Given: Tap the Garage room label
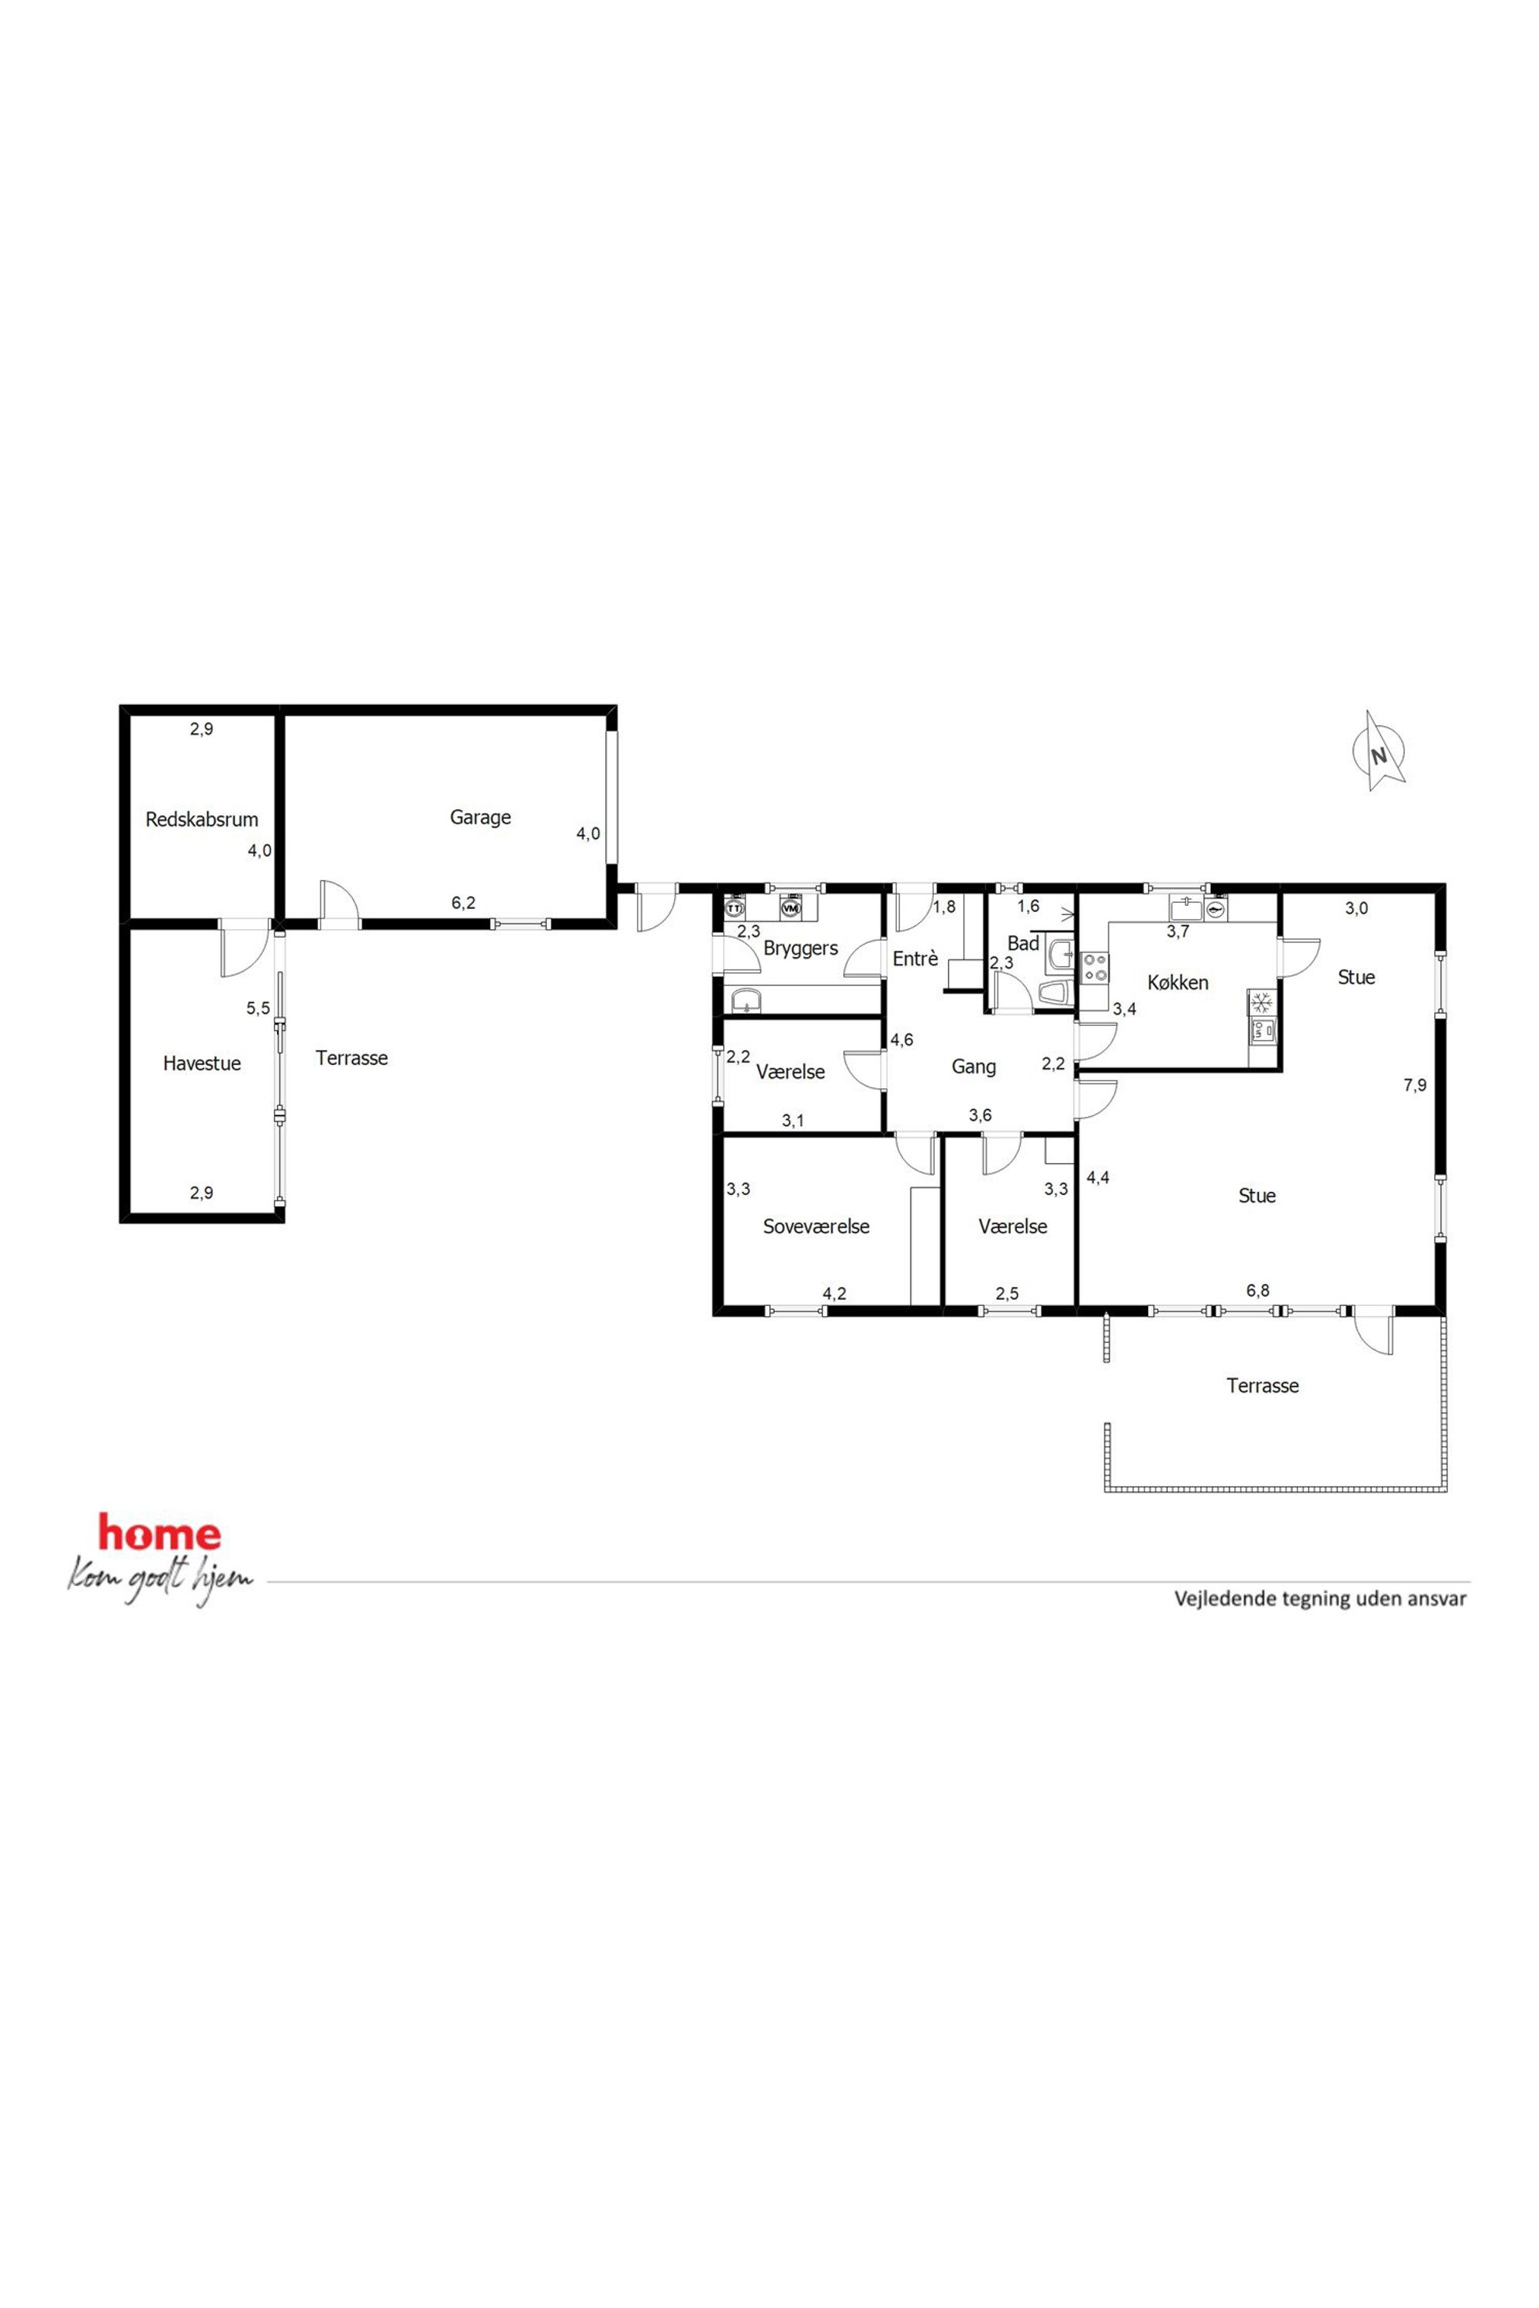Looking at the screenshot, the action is (x=480, y=817).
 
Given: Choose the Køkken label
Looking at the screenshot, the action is (x=1178, y=983).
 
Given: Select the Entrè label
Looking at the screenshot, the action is (x=915, y=959).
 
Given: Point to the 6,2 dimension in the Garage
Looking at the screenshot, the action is (x=463, y=903).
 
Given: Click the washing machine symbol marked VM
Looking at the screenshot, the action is (x=791, y=907).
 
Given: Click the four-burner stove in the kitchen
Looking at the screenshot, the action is (x=1095, y=969).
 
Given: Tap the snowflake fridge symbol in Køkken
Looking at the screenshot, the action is (x=1261, y=1003).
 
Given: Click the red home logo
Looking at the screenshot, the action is (x=159, y=1534).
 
